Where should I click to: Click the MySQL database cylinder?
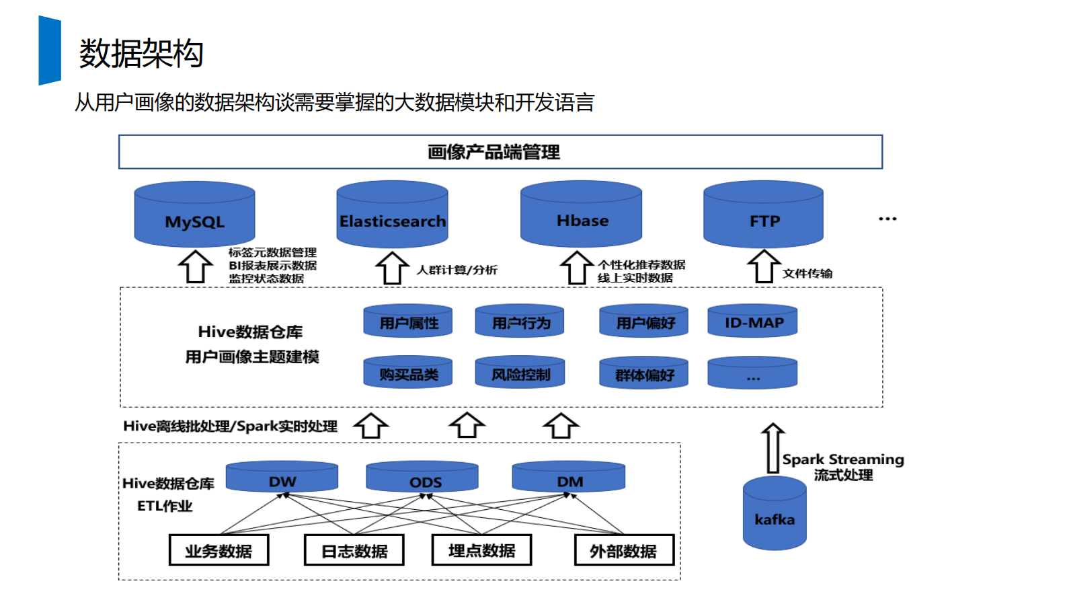[194, 215]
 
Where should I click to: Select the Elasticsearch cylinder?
[392, 215]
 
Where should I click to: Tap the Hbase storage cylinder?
[581, 215]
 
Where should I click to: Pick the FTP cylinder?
[763, 215]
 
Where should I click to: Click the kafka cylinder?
[775, 515]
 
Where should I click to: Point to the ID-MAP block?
[752, 322]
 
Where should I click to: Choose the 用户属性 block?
[408, 322]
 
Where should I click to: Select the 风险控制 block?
[520, 373]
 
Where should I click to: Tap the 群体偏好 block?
[643, 373]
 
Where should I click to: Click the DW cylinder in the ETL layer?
[282, 477]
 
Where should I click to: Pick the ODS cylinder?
[422, 478]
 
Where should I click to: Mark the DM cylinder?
[569, 477]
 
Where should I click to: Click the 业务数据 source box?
[219, 550]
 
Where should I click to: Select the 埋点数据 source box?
[481, 550]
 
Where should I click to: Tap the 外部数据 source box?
[624, 550]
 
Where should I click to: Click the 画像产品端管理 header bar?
[500, 152]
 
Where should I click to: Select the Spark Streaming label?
[843, 459]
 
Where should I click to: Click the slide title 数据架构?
[141, 54]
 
